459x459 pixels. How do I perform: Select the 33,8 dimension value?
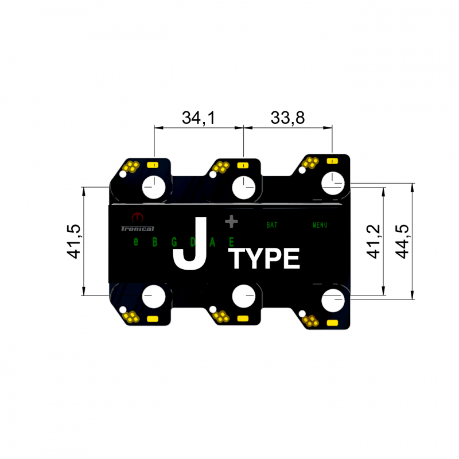(287, 118)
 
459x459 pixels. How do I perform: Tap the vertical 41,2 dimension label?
(374, 241)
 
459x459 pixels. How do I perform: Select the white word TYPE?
(265, 259)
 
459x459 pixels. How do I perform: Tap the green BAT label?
(272, 225)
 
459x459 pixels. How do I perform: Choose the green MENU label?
(320, 225)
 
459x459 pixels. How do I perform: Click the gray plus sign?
(231, 221)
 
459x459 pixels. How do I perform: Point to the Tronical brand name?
(137, 228)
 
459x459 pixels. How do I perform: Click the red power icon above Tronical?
(137, 217)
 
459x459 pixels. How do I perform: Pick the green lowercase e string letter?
(136, 242)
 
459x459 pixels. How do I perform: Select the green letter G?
(174, 242)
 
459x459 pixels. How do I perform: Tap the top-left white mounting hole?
(154, 187)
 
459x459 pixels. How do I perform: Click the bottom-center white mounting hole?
(243, 297)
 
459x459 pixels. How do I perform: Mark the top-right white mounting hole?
(333, 184)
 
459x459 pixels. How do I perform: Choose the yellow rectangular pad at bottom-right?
(332, 323)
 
